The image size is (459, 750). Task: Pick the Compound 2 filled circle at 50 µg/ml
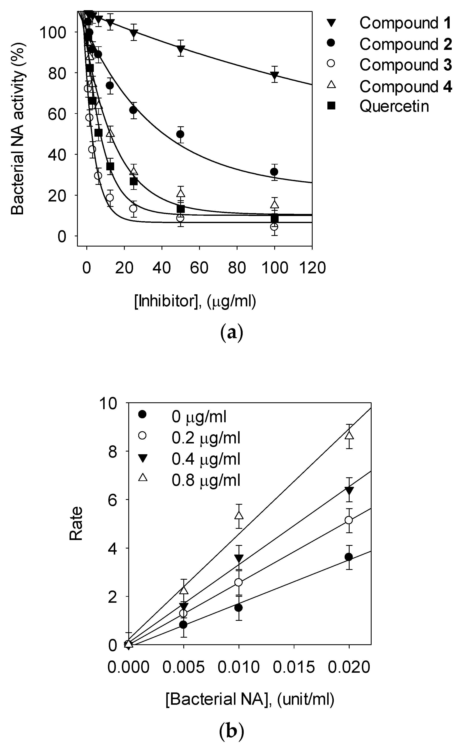[180, 134]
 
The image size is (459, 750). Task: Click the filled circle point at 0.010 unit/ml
[239, 608]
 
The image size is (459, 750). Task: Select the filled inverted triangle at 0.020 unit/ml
[349, 490]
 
